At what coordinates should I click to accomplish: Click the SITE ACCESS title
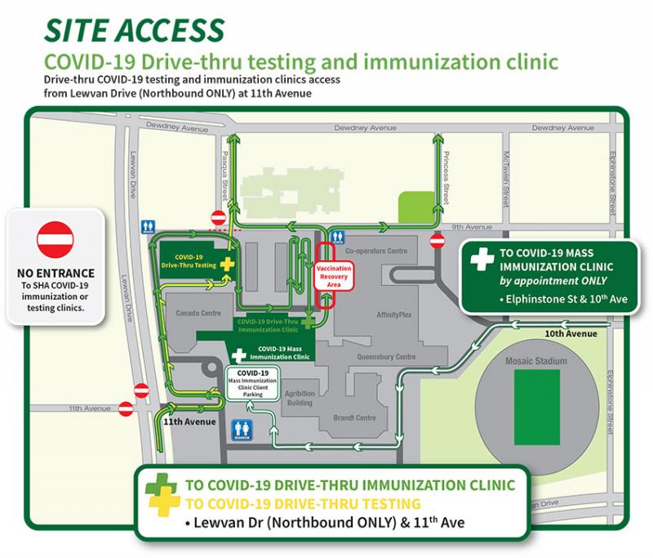133,29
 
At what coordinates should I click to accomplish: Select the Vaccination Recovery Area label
333,274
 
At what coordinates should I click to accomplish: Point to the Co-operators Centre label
375,251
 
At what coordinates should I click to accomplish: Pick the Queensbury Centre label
387,357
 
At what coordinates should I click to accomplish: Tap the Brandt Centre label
354,417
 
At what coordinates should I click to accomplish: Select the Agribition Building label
300,398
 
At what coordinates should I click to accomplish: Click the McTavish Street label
506,177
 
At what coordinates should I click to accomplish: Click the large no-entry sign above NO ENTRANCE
56,240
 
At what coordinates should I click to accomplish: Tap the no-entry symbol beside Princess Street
438,241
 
